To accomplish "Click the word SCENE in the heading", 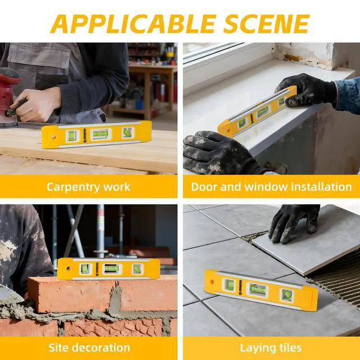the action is coord(267,24).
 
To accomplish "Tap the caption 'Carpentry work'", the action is coord(88,187).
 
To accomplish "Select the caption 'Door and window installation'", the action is coord(271,187).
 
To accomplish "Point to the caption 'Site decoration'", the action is coord(89,348).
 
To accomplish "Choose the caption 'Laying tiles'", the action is coord(271,348).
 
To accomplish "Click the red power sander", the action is coord(9,96).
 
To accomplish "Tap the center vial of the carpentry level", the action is coord(101,134).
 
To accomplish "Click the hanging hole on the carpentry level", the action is coord(53,137).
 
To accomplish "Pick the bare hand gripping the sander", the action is coord(37,105).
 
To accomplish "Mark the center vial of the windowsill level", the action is coord(263,112).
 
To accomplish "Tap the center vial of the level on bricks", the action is coord(111,268).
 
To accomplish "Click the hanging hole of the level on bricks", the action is coord(68,268).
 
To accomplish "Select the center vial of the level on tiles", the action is coord(258,290).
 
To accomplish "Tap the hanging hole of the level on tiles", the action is coord(211,282).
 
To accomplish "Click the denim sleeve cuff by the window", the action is coord(346,95).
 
